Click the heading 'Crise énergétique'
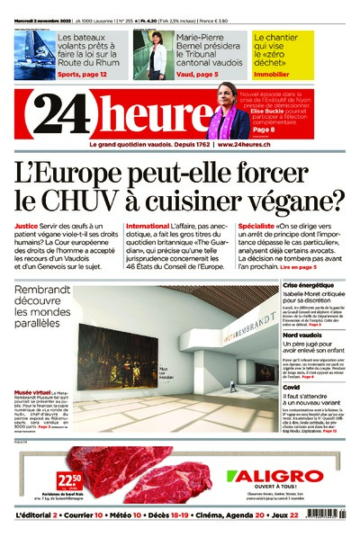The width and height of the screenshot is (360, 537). (309, 286)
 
